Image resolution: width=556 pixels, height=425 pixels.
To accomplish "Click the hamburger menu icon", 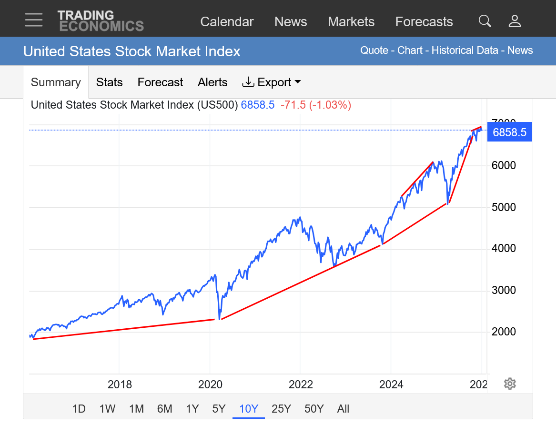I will (x=34, y=20).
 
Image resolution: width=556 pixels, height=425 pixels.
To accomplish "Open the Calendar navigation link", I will (x=227, y=22).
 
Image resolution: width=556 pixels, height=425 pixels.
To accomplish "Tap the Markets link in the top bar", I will (x=351, y=22).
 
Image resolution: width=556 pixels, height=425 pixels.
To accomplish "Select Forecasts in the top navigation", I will (x=424, y=22).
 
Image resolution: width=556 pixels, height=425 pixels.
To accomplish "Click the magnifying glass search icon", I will (x=485, y=21).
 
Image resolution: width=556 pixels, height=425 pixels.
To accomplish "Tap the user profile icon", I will (x=515, y=21).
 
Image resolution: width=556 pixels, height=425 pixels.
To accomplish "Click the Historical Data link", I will (x=465, y=51).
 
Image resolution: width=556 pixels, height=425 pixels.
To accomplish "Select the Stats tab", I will (x=110, y=82).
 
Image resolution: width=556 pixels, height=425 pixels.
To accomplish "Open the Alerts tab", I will (x=212, y=82).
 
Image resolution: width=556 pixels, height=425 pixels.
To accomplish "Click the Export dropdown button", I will (x=272, y=82).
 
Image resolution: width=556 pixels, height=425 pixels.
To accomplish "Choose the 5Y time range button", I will (x=219, y=409).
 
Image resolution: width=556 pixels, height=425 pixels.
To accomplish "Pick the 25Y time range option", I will (x=281, y=409).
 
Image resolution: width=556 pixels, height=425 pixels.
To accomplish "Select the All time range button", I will (x=343, y=409).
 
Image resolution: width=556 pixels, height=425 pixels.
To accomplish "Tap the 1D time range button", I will (x=79, y=409).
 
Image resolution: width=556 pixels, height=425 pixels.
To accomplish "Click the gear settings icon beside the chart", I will (x=510, y=384).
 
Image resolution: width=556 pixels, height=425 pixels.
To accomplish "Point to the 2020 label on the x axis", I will (x=210, y=385).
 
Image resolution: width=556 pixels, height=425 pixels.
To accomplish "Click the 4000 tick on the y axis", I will (x=504, y=249).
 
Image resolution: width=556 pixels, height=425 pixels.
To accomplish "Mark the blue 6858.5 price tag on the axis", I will (x=509, y=132).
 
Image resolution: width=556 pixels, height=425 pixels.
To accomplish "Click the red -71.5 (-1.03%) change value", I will (x=316, y=105).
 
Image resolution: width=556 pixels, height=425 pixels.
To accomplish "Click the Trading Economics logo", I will (x=101, y=21).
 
